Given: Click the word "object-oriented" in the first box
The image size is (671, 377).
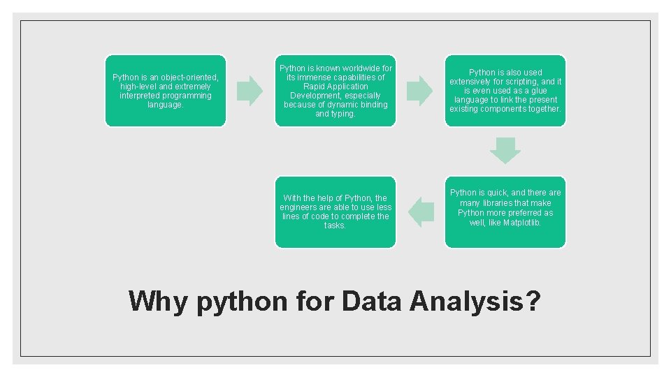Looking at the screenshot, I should coord(189,77).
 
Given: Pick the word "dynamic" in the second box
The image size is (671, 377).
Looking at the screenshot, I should coord(337,105).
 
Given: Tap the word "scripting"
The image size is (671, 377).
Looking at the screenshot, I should coord(518,82).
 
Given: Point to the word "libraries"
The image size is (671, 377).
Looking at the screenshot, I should coord(496,203).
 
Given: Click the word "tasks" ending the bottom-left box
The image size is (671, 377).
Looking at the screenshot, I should coord(335,226).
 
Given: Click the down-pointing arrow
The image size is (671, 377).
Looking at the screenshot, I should coord(505,150).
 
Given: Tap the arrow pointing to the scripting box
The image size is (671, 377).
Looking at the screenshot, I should coord(420,91).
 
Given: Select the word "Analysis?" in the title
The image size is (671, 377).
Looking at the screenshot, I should coord(475,302).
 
